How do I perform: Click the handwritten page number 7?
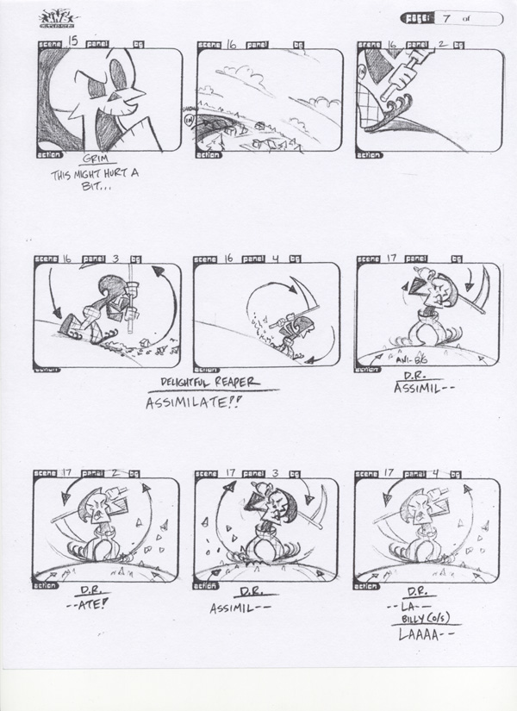tap(449, 17)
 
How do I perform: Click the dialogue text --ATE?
tap(88, 604)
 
